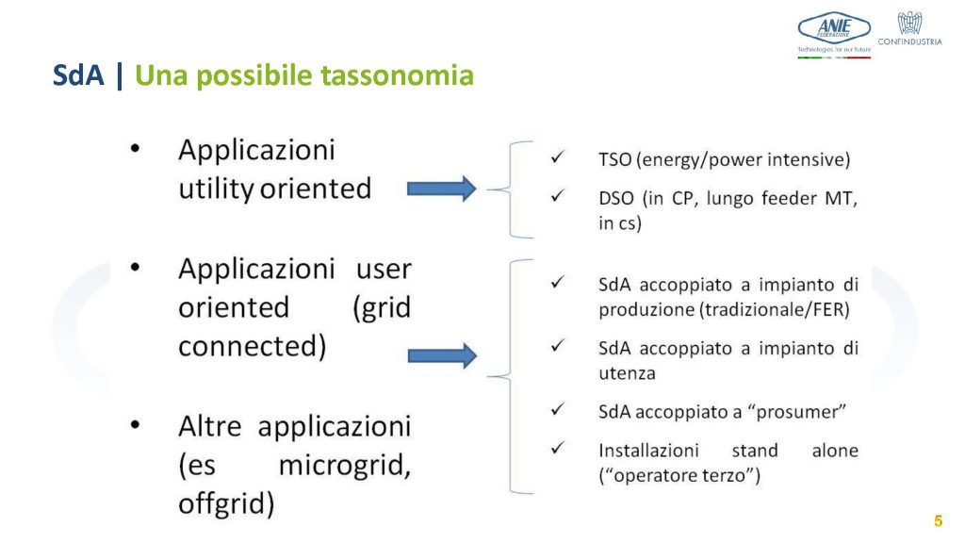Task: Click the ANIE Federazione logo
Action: [x=834, y=35]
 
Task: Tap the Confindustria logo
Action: [x=909, y=28]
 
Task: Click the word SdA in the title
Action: [x=78, y=75]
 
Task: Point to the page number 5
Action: [x=938, y=520]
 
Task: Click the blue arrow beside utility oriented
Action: [x=441, y=189]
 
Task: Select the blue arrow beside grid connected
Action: [x=442, y=355]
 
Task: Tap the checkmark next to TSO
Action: [x=557, y=157]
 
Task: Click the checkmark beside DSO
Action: [x=557, y=196]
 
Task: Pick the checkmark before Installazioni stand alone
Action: [x=557, y=448]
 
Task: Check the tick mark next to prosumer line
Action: [x=557, y=409]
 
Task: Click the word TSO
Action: [x=614, y=160]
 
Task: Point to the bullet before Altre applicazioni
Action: [x=135, y=424]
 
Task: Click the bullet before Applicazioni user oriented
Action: [x=135, y=267]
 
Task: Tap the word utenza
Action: [x=627, y=373]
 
